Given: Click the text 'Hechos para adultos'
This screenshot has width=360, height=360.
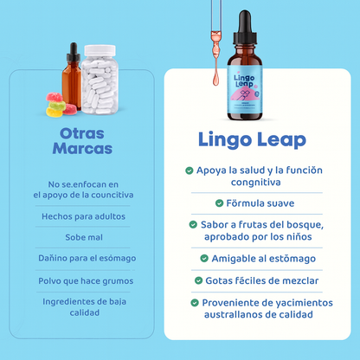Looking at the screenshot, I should tap(85, 215).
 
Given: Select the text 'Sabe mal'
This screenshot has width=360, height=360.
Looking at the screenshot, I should tap(85, 236).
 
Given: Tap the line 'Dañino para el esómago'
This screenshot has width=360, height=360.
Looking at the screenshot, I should tap(85, 258).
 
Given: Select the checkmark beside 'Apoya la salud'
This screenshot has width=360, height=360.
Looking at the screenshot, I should tap(190, 170).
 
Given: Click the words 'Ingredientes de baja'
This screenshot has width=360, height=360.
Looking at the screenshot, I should tap(85, 300).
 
